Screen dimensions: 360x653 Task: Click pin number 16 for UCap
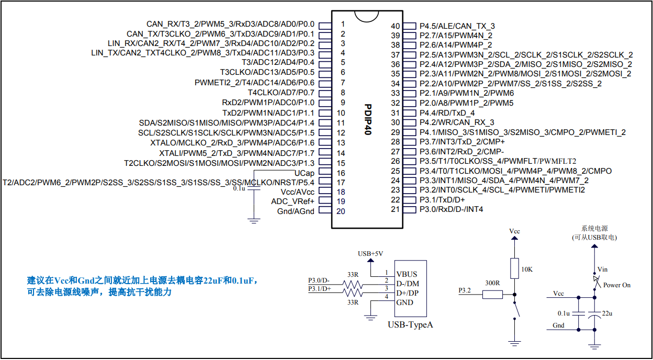341,173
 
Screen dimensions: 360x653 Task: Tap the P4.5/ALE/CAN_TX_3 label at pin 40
457,26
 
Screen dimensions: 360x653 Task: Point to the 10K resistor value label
527,269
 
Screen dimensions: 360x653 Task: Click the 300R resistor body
492,295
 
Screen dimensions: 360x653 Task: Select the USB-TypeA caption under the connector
410,325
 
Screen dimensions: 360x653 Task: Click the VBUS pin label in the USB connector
407,274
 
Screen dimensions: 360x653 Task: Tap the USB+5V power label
370,253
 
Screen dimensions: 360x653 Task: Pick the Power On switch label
617,285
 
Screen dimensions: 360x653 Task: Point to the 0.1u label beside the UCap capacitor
240,188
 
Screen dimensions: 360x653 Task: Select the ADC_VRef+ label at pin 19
292,201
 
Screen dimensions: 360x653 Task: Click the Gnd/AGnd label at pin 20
296,211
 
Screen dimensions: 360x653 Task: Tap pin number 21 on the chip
395,209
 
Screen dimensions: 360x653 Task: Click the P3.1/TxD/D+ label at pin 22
442,200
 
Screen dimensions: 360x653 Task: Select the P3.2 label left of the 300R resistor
465,290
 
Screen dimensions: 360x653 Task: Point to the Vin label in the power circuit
602,269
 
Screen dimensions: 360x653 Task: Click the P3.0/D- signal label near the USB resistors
319,280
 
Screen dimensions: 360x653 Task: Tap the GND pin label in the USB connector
404,302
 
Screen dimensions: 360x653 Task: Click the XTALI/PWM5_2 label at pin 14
237,153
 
